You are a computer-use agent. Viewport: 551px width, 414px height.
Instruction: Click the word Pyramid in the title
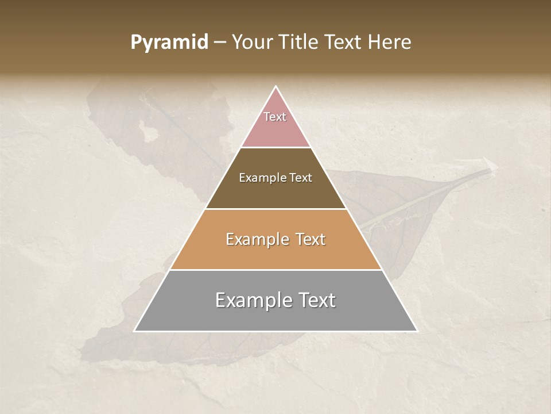point(169,43)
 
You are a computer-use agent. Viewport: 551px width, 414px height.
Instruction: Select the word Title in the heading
point(300,43)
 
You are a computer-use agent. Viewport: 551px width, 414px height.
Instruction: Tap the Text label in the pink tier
point(275,117)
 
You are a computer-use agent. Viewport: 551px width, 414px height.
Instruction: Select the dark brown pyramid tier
point(275,193)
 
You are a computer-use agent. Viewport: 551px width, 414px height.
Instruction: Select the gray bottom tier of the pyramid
point(275,316)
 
